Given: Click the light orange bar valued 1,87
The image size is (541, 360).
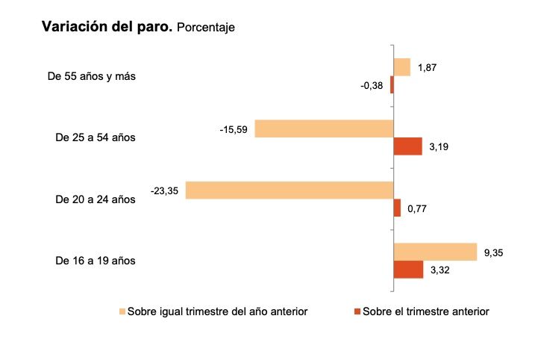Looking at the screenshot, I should tap(402, 67).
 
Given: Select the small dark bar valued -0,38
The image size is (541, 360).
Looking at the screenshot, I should tap(392, 85).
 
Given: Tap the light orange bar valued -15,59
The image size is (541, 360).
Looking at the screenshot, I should tap(324, 128).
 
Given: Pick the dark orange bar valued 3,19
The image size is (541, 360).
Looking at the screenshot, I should tap(408, 147).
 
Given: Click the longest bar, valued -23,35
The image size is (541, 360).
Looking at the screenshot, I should tap(290, 190).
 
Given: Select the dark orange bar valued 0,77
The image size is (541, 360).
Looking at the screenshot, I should tap(398, 208).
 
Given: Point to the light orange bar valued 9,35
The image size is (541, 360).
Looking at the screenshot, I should tap(435, 252).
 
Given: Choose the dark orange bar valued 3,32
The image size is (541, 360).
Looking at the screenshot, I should tap(409, 270).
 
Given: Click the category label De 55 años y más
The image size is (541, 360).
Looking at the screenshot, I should tap(91, 76).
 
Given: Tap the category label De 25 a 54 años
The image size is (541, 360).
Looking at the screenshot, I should tap(96, 138).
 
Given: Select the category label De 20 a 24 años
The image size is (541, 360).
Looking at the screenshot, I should tap(96, 199).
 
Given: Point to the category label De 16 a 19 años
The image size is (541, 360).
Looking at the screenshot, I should tap(96, 261).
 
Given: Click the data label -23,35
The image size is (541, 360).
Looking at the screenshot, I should tap(164, 191).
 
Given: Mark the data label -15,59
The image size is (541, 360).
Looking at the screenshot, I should tap(234, 129).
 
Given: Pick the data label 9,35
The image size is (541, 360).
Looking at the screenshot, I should tap(493, 253).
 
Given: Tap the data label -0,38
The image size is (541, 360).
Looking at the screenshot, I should tap(372, 86).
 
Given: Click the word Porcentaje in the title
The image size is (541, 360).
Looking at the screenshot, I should tap(206, 28).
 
